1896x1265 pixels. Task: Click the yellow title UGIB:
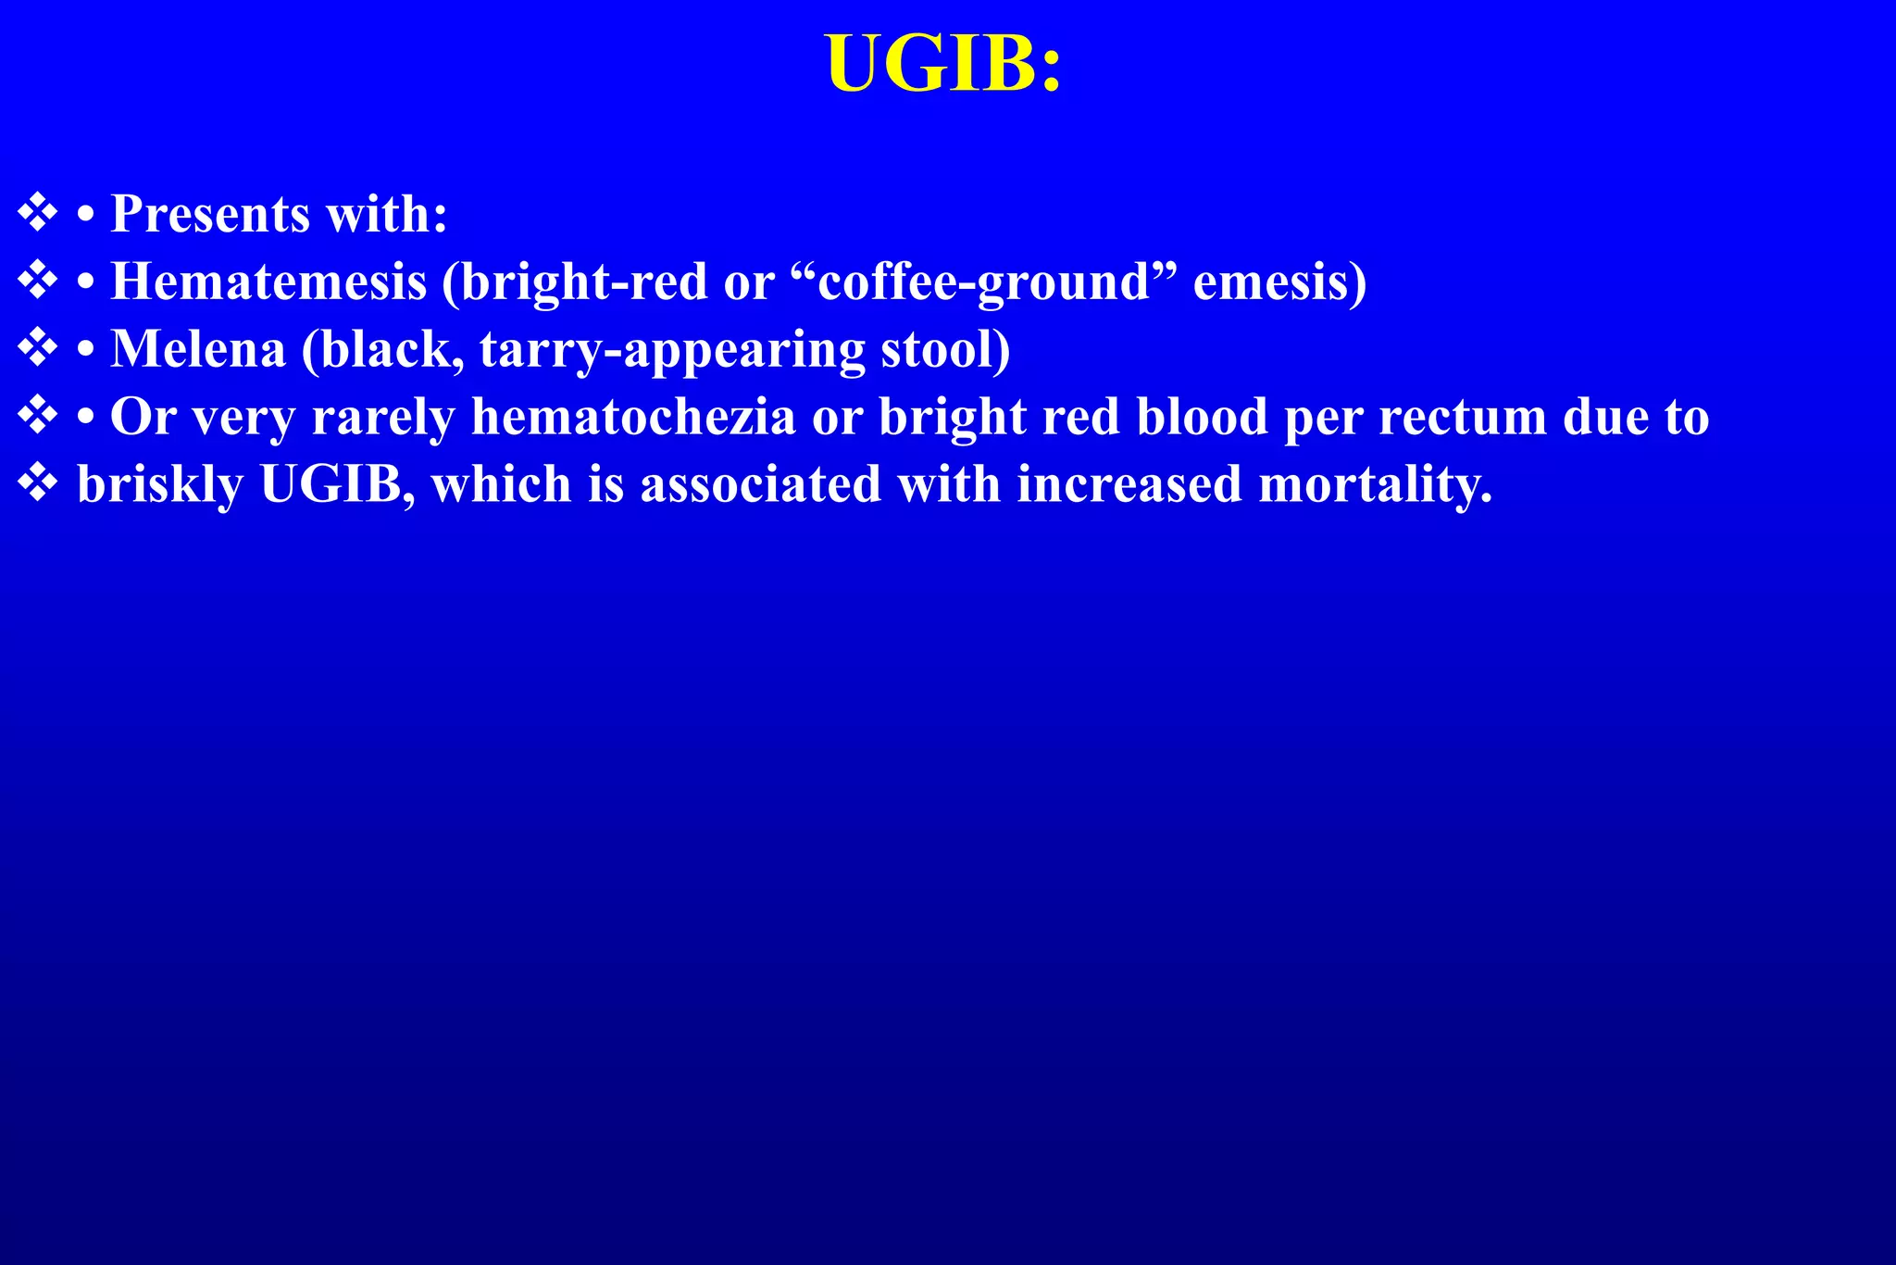click(943, 64)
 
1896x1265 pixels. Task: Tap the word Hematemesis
click(268, 282)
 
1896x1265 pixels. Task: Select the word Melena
click(198, 349)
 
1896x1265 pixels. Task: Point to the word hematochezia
click(633, 417)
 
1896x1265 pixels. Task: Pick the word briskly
click(159, 484)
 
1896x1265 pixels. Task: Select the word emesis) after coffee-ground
click(1279, 282)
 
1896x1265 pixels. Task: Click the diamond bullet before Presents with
click(38, 212)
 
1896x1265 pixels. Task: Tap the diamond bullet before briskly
click(38, 482)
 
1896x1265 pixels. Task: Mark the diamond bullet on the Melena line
click(38, 347)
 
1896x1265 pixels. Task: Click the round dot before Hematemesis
click(86, 282)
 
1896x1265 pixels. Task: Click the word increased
click(1129, 484)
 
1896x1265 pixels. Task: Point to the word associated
click(761, 484)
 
